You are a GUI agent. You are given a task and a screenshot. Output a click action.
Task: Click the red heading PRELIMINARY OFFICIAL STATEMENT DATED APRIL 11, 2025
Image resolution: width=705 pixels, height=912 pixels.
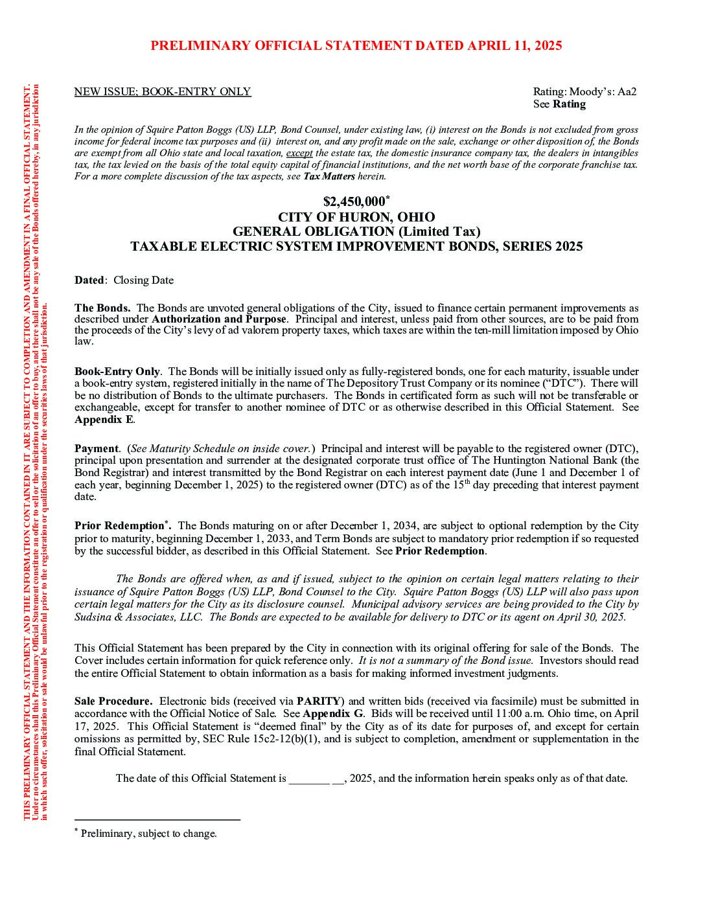click(x=356, y=46)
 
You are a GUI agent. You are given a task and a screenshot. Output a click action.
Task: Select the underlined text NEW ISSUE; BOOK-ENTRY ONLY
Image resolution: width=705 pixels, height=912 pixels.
click(x=162, y=92)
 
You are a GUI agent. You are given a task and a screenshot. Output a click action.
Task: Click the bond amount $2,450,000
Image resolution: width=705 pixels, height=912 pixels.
click(x=354, y=202)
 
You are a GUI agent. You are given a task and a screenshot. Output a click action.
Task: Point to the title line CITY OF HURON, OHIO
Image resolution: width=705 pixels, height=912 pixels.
click(x=356, y=217)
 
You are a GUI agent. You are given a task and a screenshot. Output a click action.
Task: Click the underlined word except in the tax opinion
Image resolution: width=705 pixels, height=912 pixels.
click(x=299, y=154)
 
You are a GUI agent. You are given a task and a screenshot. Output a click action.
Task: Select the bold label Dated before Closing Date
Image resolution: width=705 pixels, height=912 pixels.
click(x=89, y=280)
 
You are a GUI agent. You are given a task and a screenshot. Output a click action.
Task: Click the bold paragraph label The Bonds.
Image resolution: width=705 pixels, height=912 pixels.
click(x=102, y=308)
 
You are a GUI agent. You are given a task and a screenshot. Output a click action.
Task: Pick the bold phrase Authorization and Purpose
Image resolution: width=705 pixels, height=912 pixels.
click(x=218, y=319)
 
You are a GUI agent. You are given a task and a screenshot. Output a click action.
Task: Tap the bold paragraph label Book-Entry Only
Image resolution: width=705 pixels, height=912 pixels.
click(x=117, y=372)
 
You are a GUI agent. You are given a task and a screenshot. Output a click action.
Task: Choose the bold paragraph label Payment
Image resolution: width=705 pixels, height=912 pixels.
click(x=96, y=449)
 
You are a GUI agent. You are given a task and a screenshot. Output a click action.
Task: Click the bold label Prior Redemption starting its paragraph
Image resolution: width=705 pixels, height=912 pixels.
click(x=119, y=526)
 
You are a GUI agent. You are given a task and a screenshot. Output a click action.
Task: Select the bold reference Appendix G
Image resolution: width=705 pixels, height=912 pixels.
click(x=332, y=714)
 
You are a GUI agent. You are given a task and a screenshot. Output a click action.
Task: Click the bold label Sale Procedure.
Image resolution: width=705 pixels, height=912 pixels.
click(x=113, y=701)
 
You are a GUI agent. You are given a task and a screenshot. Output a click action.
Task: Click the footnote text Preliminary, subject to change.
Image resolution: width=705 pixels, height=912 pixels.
click(x=148, y=834)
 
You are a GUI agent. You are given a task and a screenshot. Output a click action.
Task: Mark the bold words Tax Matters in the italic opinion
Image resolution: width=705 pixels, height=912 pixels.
click(x=329, y=176)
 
